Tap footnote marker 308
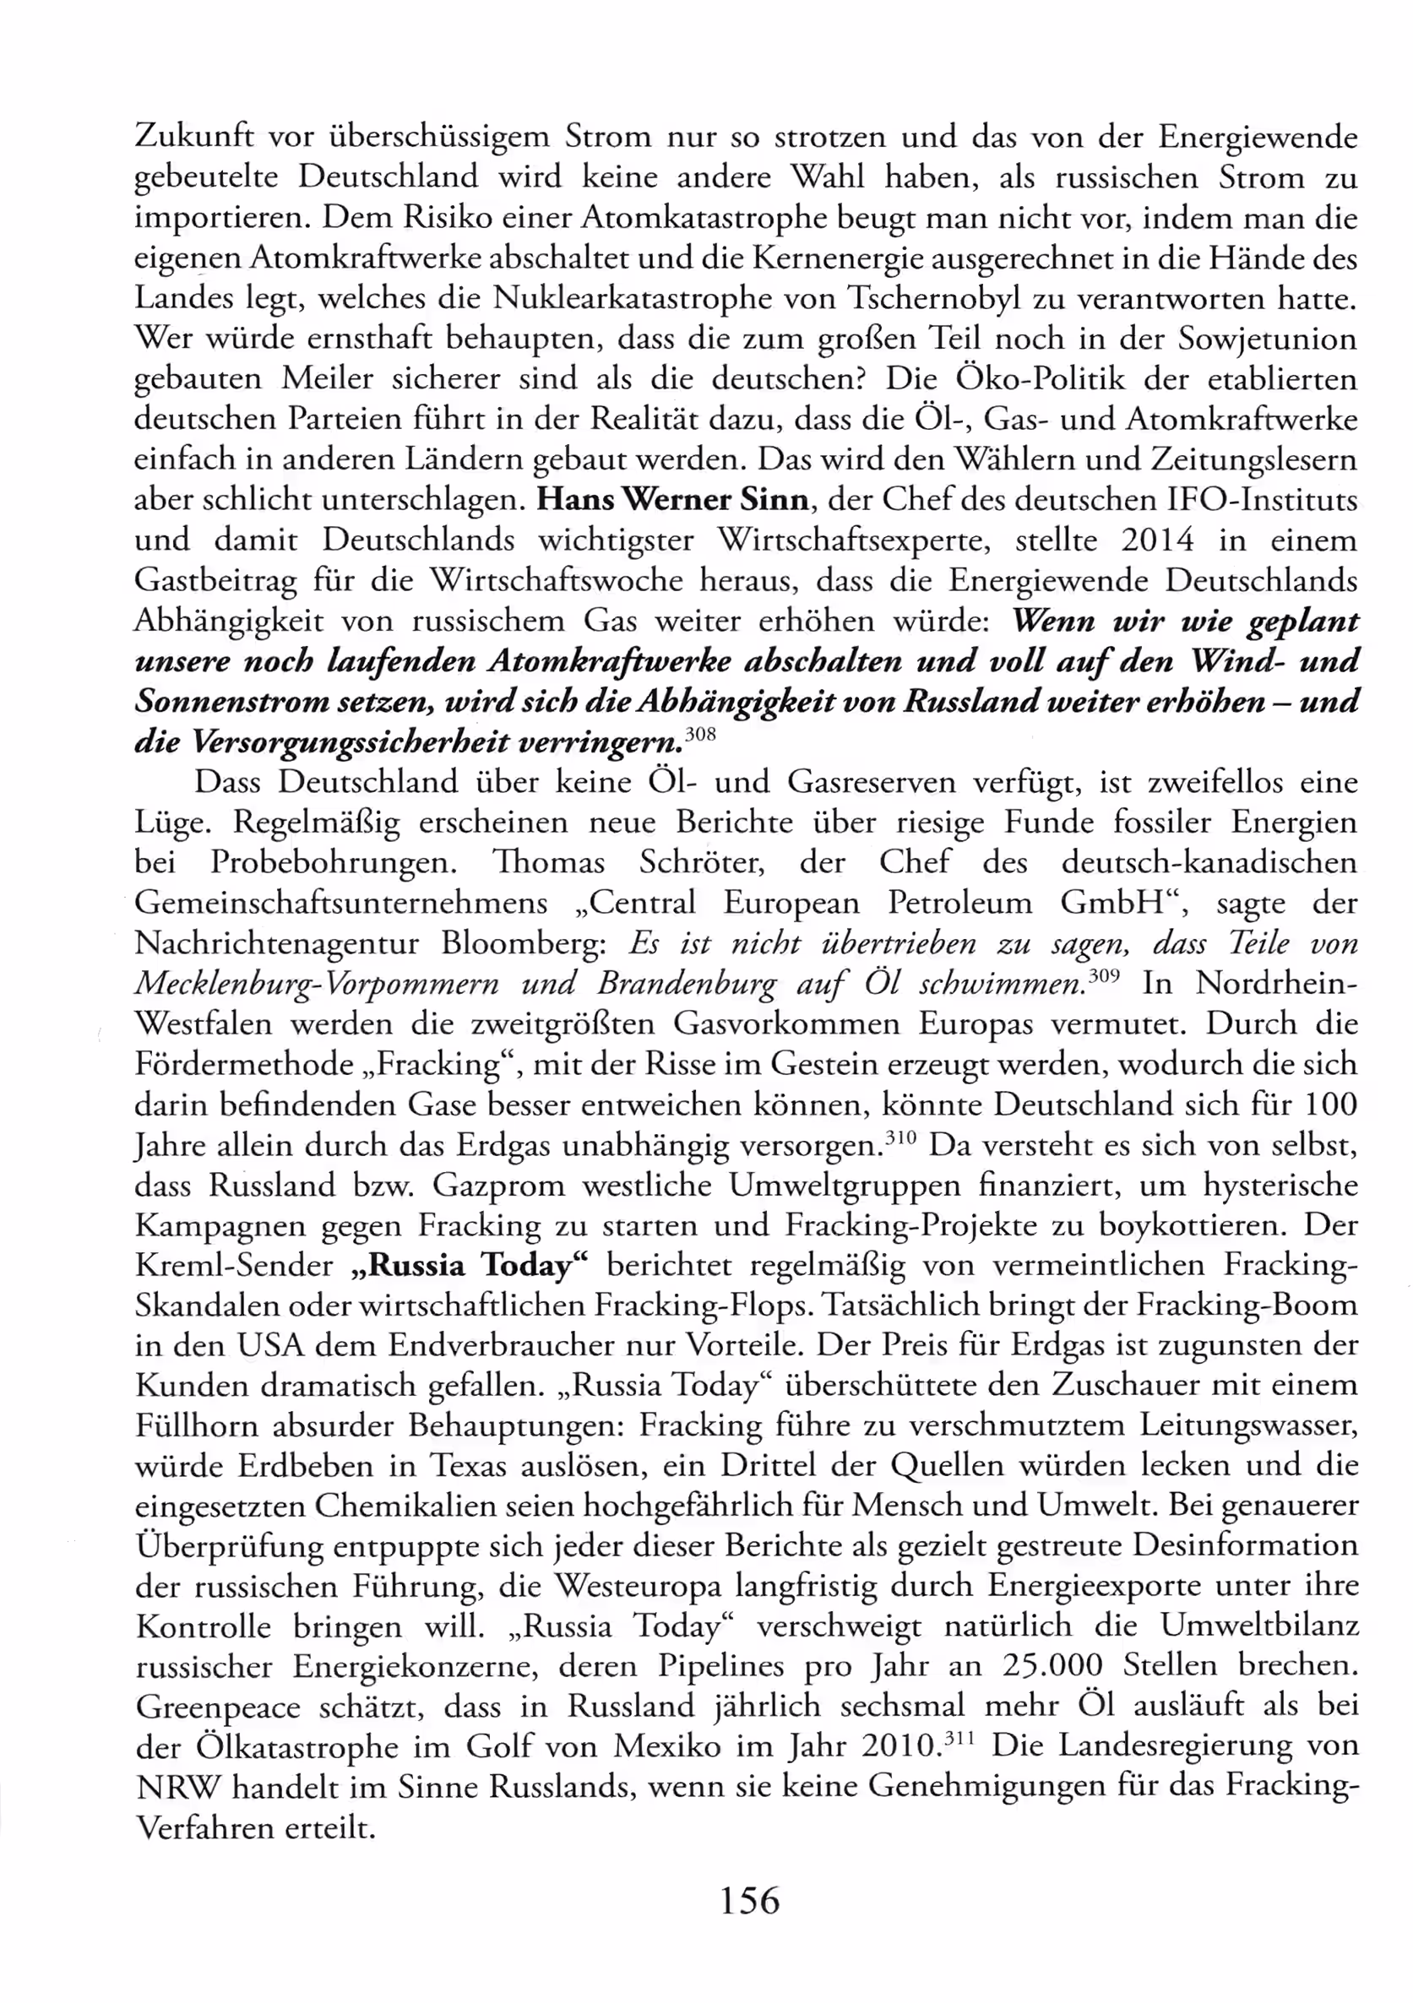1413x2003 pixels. (x=701, y=735)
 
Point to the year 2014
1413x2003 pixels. (x=1157, y=541)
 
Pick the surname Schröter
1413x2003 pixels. (x=702, y=863)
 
